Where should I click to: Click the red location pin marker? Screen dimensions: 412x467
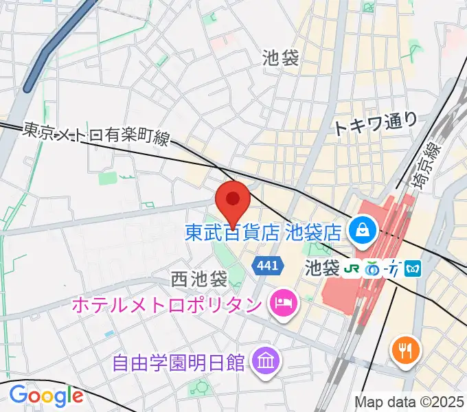(x=233, y=201)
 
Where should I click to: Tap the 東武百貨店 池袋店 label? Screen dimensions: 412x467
(x=264, y=232)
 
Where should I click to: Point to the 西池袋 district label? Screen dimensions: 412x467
(x=199, y=279)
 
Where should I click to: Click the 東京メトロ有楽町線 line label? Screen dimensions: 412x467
(x=96, y=133)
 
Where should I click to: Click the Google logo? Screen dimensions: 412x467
(x=46, y=396)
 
